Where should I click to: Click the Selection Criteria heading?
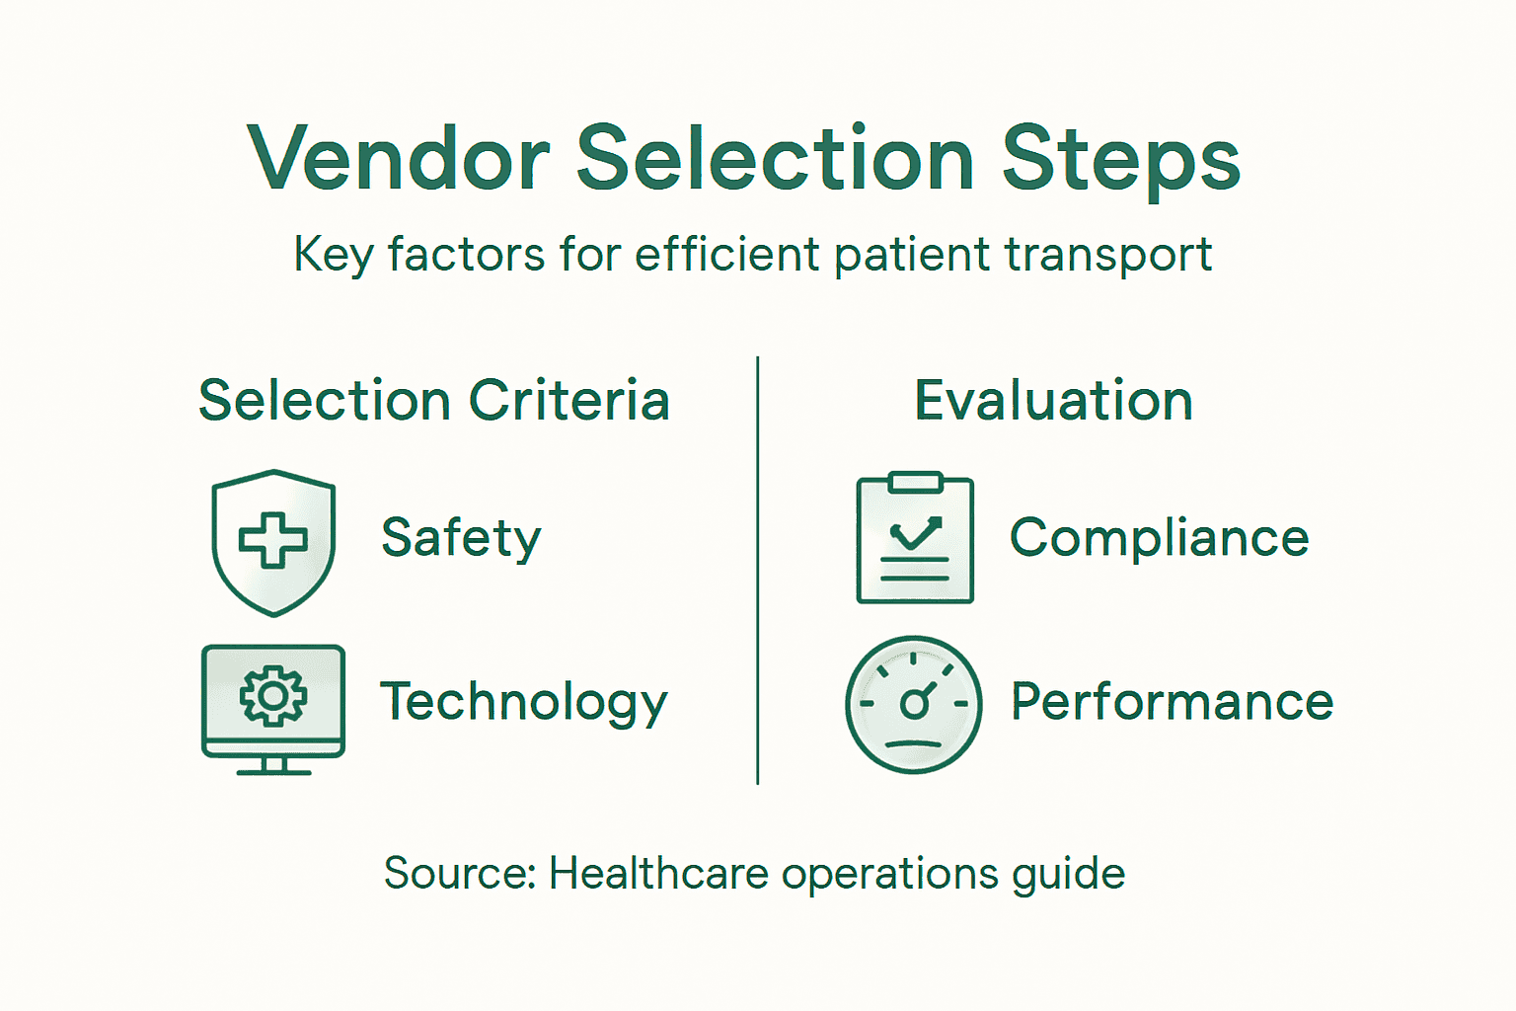434,401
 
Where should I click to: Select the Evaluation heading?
1053,401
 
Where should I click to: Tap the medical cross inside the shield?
273,539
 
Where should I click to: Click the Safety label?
461,539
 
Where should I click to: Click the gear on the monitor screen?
273,696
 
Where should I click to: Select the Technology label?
524,703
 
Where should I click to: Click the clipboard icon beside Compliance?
915,583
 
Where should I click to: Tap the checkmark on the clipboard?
915,534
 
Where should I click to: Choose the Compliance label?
1159,539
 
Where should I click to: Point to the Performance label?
1172,702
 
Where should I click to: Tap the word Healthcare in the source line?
658,874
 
